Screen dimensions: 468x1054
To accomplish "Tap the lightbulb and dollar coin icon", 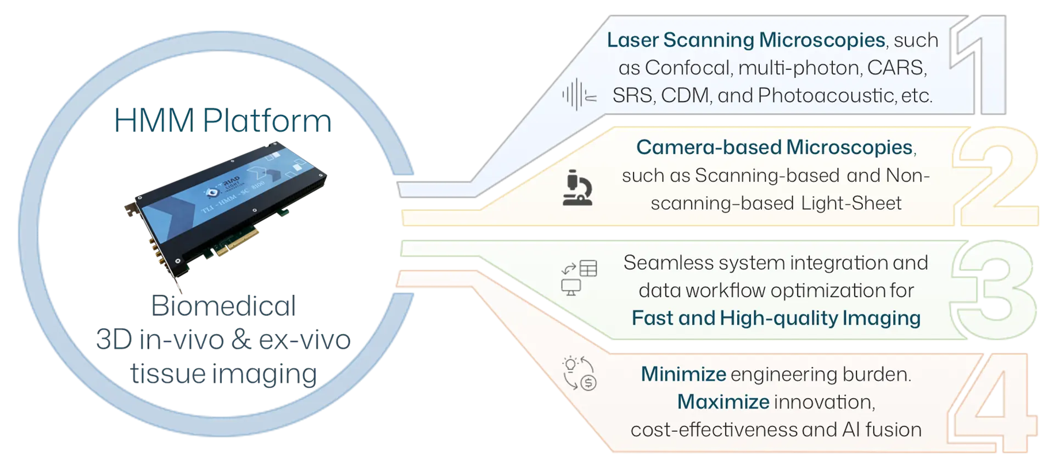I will click(x=579, y=374).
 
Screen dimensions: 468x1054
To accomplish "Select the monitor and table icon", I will click(x=579, y=277).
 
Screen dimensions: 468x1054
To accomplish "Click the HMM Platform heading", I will click(x=223, y=121).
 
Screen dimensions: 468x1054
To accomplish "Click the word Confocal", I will click(x=688, y=68).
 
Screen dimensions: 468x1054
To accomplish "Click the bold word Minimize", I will click(x=683, y=374).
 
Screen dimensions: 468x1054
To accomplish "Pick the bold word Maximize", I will click(x=723, y=402).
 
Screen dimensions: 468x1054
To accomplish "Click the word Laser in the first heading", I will click(x=632, y=40).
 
